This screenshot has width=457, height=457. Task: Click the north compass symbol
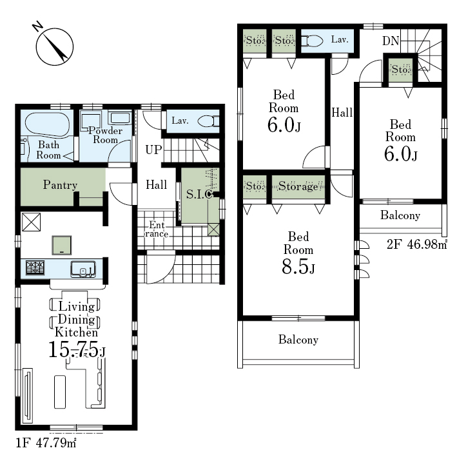click(54, 46)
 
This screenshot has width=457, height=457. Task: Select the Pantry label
click(61, 185)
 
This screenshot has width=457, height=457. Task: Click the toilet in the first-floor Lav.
click(208, 121)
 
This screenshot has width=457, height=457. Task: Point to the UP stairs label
click(153, 150)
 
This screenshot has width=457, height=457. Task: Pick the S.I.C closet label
click(199, 194)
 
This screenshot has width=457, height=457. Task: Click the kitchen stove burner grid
click(35, 268)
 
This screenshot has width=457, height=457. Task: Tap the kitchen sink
click(83, 269)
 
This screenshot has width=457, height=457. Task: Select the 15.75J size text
click(77, 349)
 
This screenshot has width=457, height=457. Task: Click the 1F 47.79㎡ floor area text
click(46, 443)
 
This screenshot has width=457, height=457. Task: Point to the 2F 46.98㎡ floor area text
click(417, 244)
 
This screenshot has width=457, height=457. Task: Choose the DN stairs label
click(391, 41)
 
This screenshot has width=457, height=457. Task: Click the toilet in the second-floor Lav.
click(312, 41)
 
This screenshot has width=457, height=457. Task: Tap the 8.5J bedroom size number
click(298, 266)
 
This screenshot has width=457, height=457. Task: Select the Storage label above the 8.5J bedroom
click(298, 186)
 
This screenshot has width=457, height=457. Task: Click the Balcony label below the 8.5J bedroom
click(298, 340)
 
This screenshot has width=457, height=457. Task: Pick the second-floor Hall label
click(342, 112)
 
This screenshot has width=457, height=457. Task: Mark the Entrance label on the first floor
click(157, 229)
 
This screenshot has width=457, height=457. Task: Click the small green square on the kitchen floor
click(62, 245)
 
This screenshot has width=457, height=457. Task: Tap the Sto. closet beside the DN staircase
click(401, 70)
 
